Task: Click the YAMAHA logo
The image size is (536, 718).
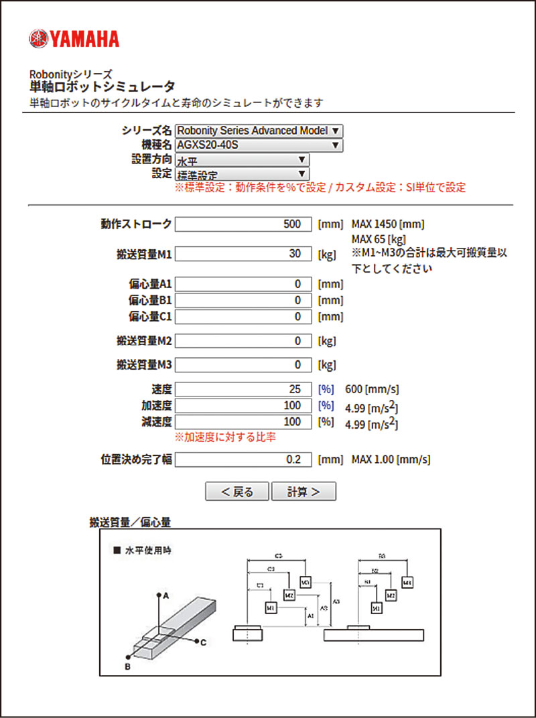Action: pyautogui.click(x=74, y=39)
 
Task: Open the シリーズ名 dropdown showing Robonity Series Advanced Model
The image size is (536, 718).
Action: pyautogui.click(x=259, y=131)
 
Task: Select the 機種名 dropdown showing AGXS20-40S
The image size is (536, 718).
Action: pyautogui.click(x=259, y=145)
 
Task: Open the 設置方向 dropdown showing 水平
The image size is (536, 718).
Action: pyautogui.click(x=242, y=160)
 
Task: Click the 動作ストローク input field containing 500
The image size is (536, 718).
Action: pyautogui.click(x=243, y=224)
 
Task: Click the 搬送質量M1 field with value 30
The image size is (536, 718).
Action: pyautogui.click(x=243, y=255)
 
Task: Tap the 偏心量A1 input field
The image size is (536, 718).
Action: pyautogui.click(x=243, y=285)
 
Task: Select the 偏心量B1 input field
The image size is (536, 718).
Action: pyautogui.click(x=243, y=301)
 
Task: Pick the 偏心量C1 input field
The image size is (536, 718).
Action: pyautogui.click(x=243, y=317)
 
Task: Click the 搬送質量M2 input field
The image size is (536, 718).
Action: pyautogui.click(x=243, y=342)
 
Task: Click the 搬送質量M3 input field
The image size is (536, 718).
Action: pyautogui.click(x=243, y=366)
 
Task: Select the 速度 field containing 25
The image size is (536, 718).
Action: pyautogui.click(x=243, y=390)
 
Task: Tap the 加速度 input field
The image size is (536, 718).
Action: pyautogui.click(x=243, y=406)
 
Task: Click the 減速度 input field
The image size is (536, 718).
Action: pyautogui.click(x=243, y=422)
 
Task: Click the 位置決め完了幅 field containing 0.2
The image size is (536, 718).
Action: pyautogui.click(x=243, y=459)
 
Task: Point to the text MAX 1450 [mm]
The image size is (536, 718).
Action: pyautogui.click(x=387, y=224)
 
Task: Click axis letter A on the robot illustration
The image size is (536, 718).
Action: pyautogui.click(x=165, y=594)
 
